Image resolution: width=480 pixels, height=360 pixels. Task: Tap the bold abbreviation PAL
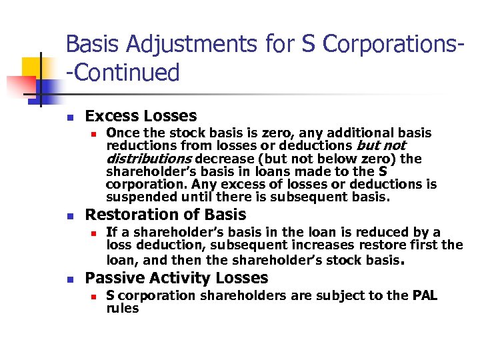click(x=423, y=295)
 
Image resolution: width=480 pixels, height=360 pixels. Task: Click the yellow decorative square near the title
click(x=33, y=67)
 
